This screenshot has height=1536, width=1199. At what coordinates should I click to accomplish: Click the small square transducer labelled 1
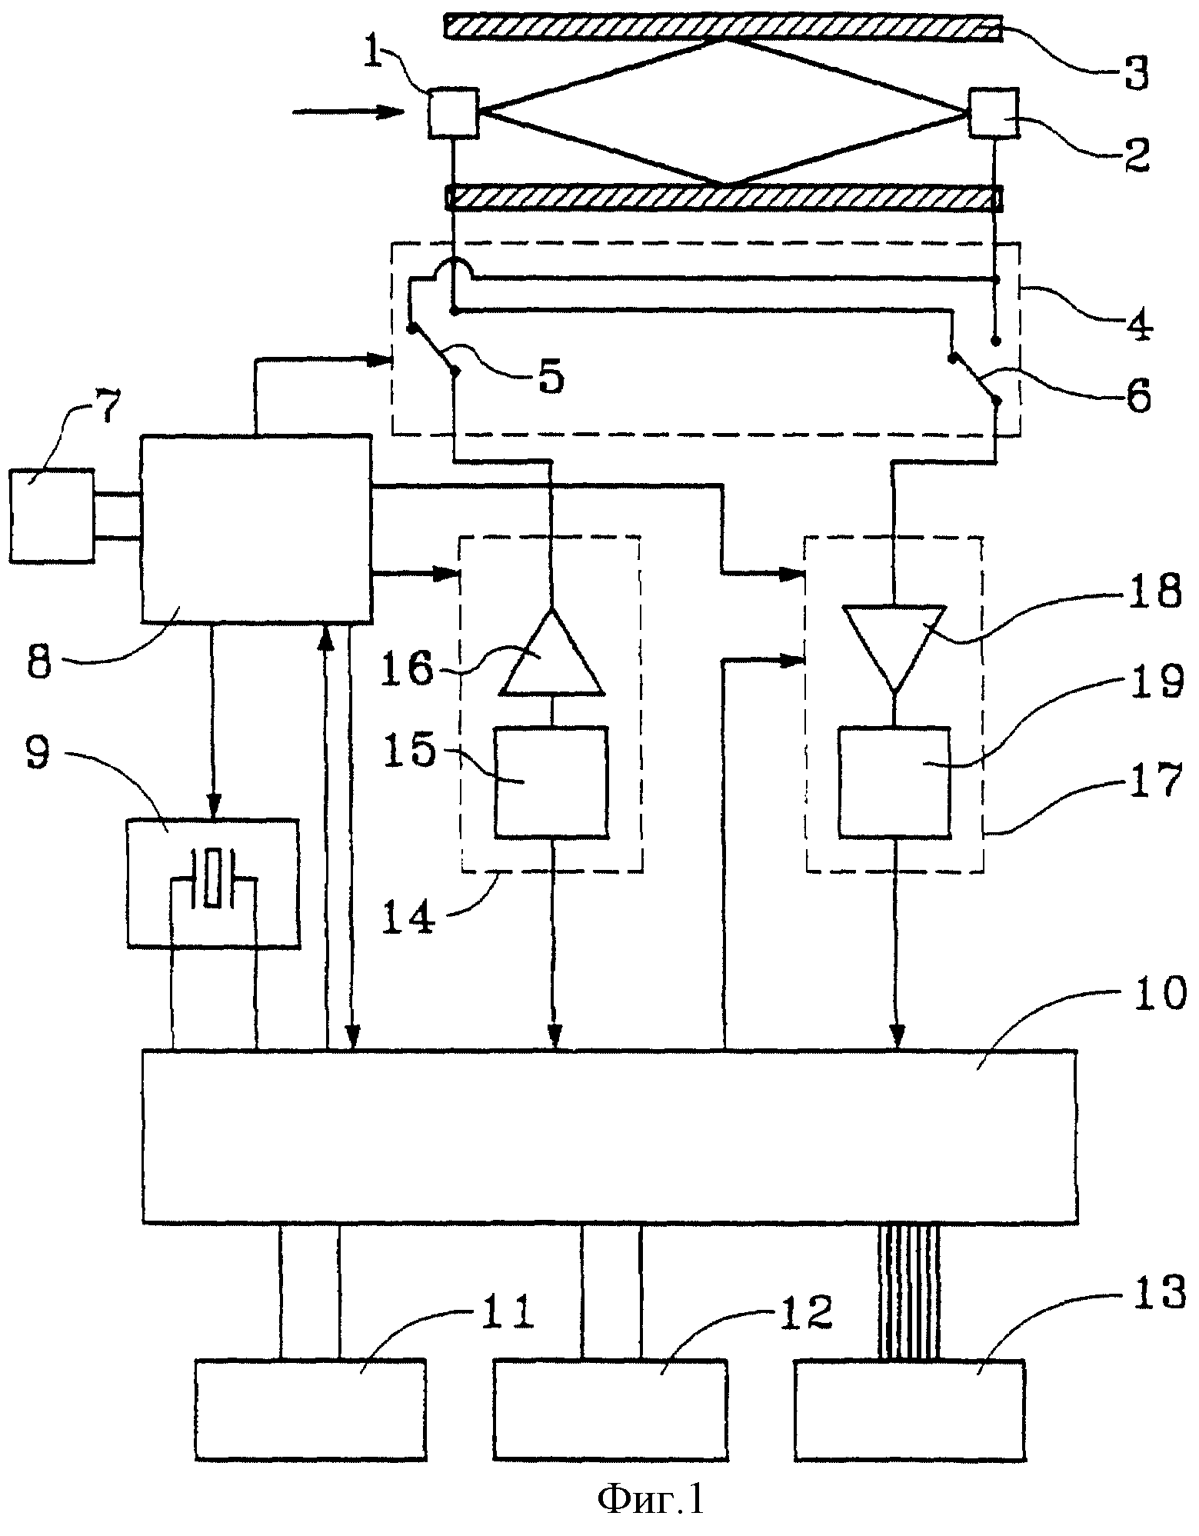coord(453,114)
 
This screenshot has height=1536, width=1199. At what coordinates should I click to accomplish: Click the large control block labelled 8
coord(255,529)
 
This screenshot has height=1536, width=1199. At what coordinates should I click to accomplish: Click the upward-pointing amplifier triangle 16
coord(551,652)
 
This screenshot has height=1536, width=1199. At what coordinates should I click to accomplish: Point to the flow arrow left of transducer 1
coord(348,113)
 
